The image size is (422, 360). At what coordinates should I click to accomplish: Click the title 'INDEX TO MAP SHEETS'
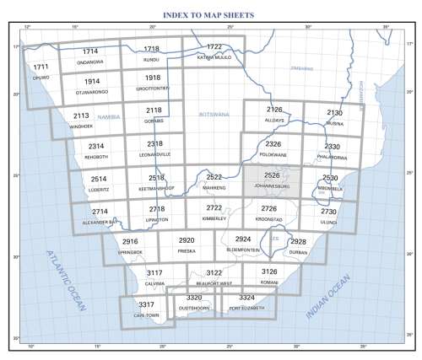(210, 16)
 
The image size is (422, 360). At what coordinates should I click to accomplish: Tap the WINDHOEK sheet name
(82, 126)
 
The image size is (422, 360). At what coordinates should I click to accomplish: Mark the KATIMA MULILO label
(214, 58)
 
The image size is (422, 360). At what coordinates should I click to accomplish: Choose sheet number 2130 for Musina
(334, 112)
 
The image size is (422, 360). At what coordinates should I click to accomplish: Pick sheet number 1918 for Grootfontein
(153, 78)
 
